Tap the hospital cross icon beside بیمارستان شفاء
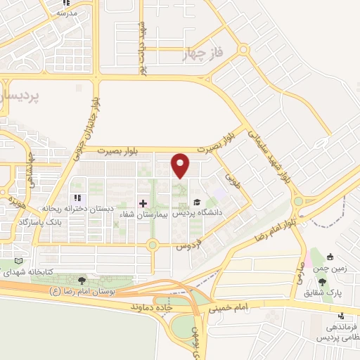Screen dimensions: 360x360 [x=143, y=202]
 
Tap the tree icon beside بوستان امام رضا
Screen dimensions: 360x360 [x=83, y=281]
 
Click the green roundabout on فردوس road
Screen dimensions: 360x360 [x=152, y=245]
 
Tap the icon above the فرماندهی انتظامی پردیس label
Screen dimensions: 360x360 [x=340, y=316]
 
